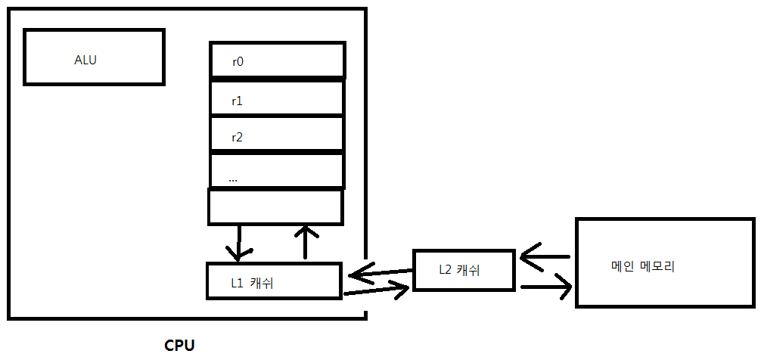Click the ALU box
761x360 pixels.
[94, 57]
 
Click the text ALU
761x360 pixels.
[85, 61]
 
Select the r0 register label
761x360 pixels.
[238, 62]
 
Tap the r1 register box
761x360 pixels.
[276, 98]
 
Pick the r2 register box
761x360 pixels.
[276, 135]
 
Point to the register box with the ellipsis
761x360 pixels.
[276, 172]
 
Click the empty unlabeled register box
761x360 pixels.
[275, 206]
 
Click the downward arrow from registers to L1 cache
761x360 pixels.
[238, 242]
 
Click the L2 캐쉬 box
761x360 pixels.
[464, 269]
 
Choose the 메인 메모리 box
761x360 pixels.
[664, 262]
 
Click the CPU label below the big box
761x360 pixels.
[179, 346]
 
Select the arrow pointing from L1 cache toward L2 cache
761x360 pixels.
[377, 289]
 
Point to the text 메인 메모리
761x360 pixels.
[642, 266]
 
